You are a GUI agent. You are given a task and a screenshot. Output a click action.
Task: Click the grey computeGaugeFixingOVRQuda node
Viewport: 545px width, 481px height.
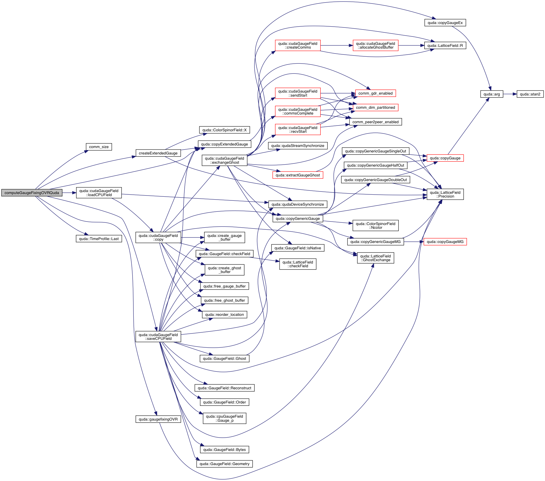tap(32, 193)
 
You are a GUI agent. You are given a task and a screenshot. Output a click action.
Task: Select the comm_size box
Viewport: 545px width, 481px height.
tap(99, 147)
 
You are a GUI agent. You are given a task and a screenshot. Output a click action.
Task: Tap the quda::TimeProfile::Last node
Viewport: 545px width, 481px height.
tap(99, 239)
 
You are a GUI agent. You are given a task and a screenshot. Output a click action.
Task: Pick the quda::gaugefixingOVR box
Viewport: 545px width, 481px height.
tap(158, 419)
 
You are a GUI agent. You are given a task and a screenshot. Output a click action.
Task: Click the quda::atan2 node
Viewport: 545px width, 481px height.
tap(530, 94)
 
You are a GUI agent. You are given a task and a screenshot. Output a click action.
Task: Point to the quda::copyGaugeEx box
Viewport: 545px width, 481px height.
tap(445, 23)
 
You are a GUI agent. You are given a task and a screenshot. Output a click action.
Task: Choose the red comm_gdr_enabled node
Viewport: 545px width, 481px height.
tap(375, 93)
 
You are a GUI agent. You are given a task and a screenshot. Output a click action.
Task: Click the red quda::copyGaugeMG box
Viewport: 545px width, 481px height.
tap(445, 242)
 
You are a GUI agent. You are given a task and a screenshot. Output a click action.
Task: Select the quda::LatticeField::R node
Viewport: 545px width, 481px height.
tap(445, 46)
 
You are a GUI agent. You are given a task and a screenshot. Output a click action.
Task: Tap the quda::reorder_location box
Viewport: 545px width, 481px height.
tap(224, 315)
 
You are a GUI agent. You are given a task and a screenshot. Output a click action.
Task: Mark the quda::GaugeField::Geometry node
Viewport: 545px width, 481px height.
tap(224, 464)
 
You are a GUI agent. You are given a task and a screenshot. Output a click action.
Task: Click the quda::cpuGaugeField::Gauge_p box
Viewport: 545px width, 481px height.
tap(224, 419)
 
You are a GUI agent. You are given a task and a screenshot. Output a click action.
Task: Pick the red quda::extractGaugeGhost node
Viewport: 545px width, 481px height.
tap(298, 175)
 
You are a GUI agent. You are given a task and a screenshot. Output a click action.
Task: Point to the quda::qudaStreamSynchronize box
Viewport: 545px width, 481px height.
tap(298, 146)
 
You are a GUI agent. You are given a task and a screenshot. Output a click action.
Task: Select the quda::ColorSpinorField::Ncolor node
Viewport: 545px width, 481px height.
tap(375, 226)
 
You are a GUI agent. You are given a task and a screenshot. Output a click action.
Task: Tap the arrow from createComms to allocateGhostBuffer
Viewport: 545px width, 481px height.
tap(337, 46)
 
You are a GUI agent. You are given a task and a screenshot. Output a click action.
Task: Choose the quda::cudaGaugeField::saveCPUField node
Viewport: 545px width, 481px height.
tap(158, 337)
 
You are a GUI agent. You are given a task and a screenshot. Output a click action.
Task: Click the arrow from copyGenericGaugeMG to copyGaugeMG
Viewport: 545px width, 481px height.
tap(414, 242)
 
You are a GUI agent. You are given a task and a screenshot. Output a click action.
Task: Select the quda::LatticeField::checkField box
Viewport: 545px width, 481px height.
tap(298, 264)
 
